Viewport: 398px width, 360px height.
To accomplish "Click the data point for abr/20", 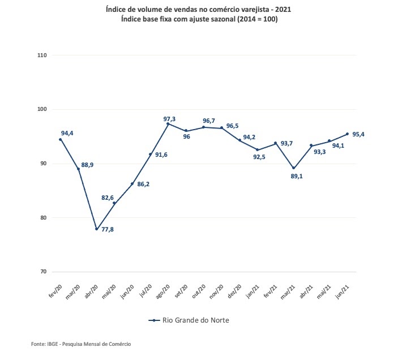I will click(x=96, y=229).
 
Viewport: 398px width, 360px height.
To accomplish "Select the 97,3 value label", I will click(x=170, y=119).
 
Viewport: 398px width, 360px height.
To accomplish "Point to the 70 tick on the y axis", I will click(x=42, y=272).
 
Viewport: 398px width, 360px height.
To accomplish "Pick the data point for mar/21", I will click(x=293, y=168).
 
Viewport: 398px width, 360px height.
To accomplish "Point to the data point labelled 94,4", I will click(x=61, y=139).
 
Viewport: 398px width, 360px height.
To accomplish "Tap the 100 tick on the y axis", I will click(x=42, y=109).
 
